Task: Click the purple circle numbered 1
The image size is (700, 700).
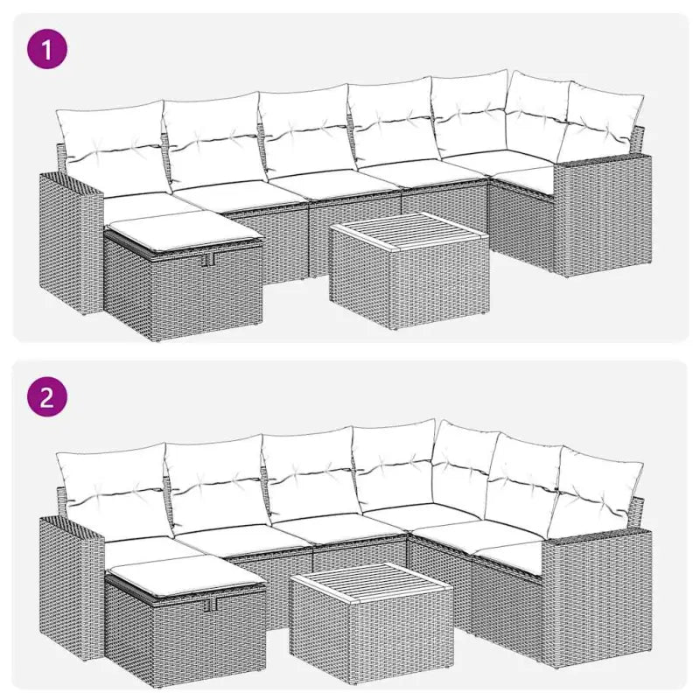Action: pos(47,50)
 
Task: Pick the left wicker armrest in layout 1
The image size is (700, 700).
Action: pos(70,245)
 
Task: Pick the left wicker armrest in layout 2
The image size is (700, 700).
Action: pos(70,586)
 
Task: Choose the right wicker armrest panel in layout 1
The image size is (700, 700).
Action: pos(604,214)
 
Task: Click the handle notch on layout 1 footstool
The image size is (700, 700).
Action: pos(208,261)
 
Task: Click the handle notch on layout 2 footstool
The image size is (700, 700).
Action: pos(208,602)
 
